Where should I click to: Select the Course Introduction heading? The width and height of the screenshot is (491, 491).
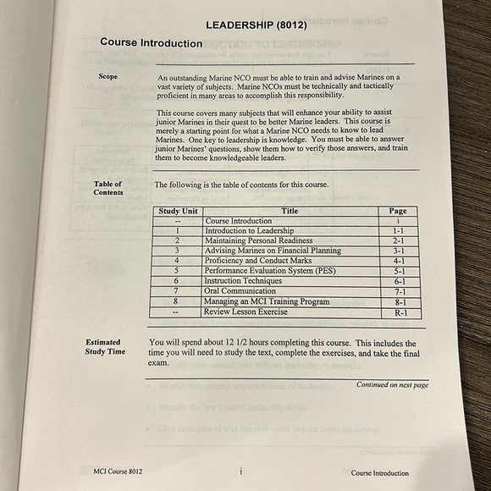click(x=151, y=43)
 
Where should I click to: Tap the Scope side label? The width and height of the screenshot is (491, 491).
click(x=108, y=78)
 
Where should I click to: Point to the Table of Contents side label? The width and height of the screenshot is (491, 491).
click(x=108, y=188)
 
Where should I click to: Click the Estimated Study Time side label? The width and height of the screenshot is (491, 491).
click(x=105, y=346)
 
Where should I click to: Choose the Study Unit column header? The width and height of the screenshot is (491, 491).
click(x=179, y=211)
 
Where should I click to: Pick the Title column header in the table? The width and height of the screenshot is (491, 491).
click(x=290, y=211)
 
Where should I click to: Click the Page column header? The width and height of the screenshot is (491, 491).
click(x=398, y=211)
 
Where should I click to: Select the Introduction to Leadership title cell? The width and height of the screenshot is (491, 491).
click(x=250, y=230)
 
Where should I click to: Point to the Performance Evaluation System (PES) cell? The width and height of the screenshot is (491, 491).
click(x=270, y=271)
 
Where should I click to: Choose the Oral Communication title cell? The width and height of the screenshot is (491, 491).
click(x=245, y=291)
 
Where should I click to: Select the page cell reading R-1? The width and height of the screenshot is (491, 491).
click(x=400, y=312)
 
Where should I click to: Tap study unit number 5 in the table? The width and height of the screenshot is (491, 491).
click(x=177, y=271)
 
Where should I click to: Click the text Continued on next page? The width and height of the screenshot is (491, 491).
click(x=392, y=385)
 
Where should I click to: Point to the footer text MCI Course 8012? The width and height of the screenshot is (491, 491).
click(x=118, y=472)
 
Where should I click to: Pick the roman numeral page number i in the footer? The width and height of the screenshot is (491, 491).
click(x=240, y=471)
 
